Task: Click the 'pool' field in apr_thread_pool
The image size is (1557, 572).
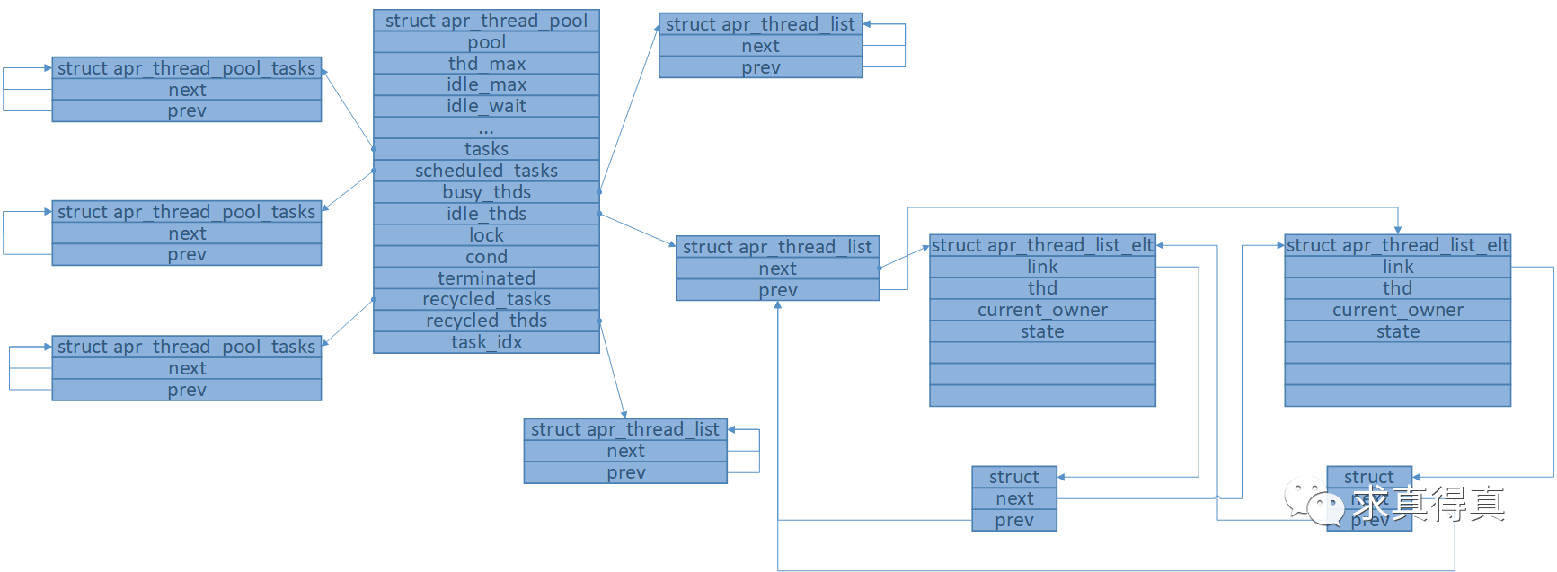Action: [x=486, y=42]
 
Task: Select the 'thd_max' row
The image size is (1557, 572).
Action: [x=486, y=64]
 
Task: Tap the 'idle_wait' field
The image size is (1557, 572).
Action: [x=486, y=106]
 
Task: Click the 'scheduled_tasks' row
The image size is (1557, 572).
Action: [x=486, y=171]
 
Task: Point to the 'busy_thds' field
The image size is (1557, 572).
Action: [x=486, y=192]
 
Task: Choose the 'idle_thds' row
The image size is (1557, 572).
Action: [x=486, y=214]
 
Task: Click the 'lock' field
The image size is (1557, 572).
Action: [x=486, y=235]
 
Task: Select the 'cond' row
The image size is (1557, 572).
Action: [x=486, y=257]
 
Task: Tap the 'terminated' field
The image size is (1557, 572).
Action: [x=486, y=278]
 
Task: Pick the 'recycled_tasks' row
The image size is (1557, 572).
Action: [x=486, y=299]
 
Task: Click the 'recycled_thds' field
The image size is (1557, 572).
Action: [x=486, y=321]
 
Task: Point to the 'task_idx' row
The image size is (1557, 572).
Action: [x=486, y=342]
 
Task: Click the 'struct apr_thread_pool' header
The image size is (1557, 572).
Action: [x=486, y=21]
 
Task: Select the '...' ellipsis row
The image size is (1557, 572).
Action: [x=486, y=128]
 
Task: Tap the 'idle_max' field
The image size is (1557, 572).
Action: [x=486, y=84]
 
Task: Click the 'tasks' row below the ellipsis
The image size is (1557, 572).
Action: [x=486, y=149]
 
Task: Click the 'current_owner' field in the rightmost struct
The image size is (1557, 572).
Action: [x=1397, y=310]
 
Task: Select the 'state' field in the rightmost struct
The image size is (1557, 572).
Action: [x=1397, y=331]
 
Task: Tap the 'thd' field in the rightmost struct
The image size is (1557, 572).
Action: [x=1397, y=288]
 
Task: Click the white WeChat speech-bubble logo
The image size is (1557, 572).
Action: [x=1314, y=502]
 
